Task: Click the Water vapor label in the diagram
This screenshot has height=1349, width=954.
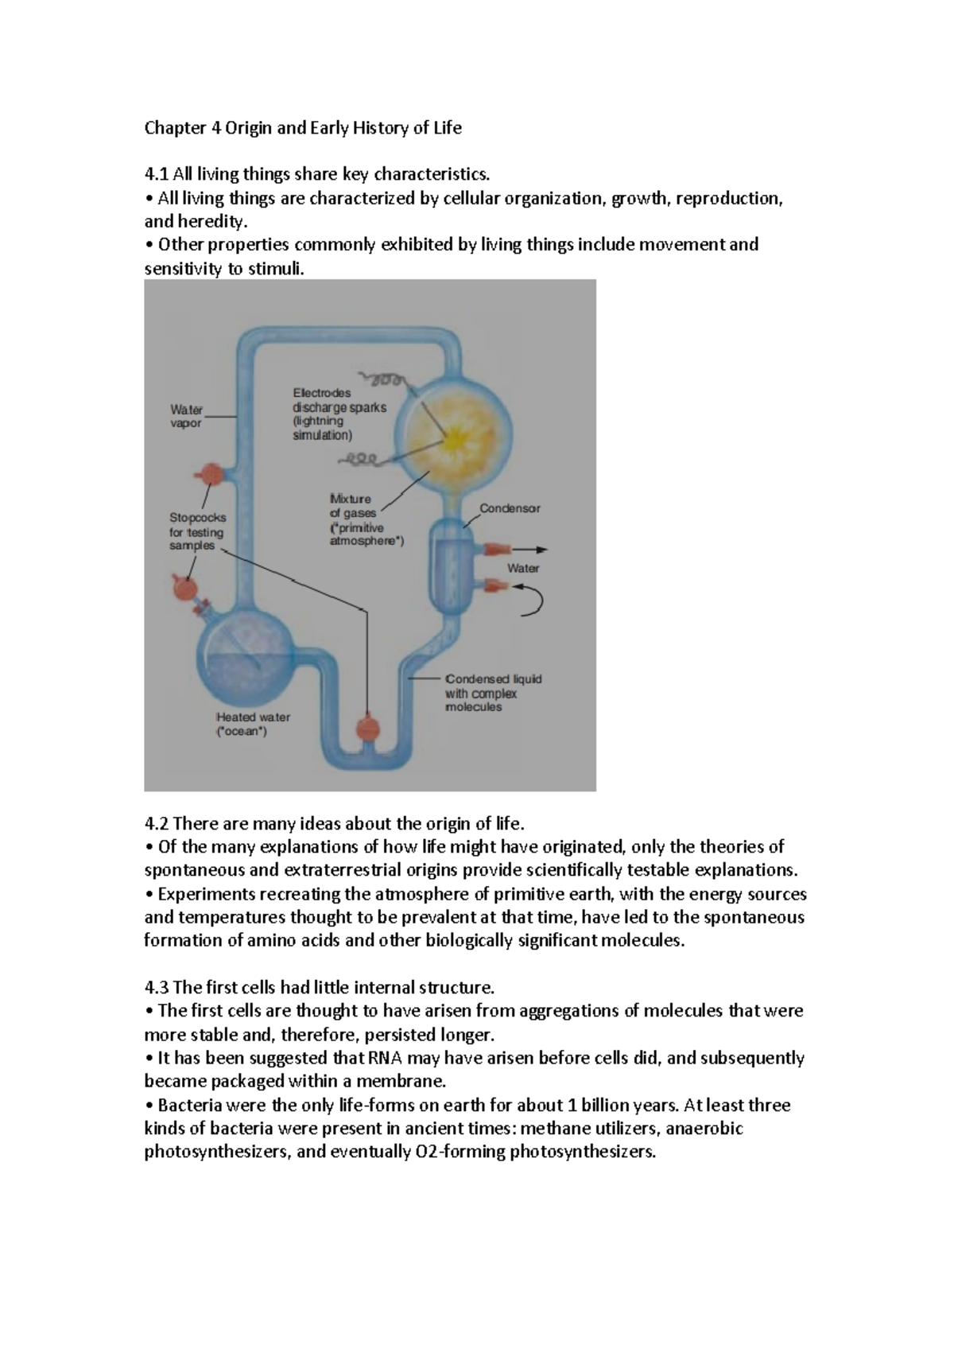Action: (x=186, y=417)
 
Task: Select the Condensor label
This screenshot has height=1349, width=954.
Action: (x=510, y=508)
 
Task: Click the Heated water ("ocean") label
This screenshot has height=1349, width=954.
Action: (x=253, y=724)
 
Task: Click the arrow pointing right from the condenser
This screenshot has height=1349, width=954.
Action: (x=529, y=550)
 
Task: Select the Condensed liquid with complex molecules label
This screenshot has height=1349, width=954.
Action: (x=493, y=693)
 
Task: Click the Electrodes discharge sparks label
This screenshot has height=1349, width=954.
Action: (x=339, y=414)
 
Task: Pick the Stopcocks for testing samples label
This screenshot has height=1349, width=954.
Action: (x=197, y=531)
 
